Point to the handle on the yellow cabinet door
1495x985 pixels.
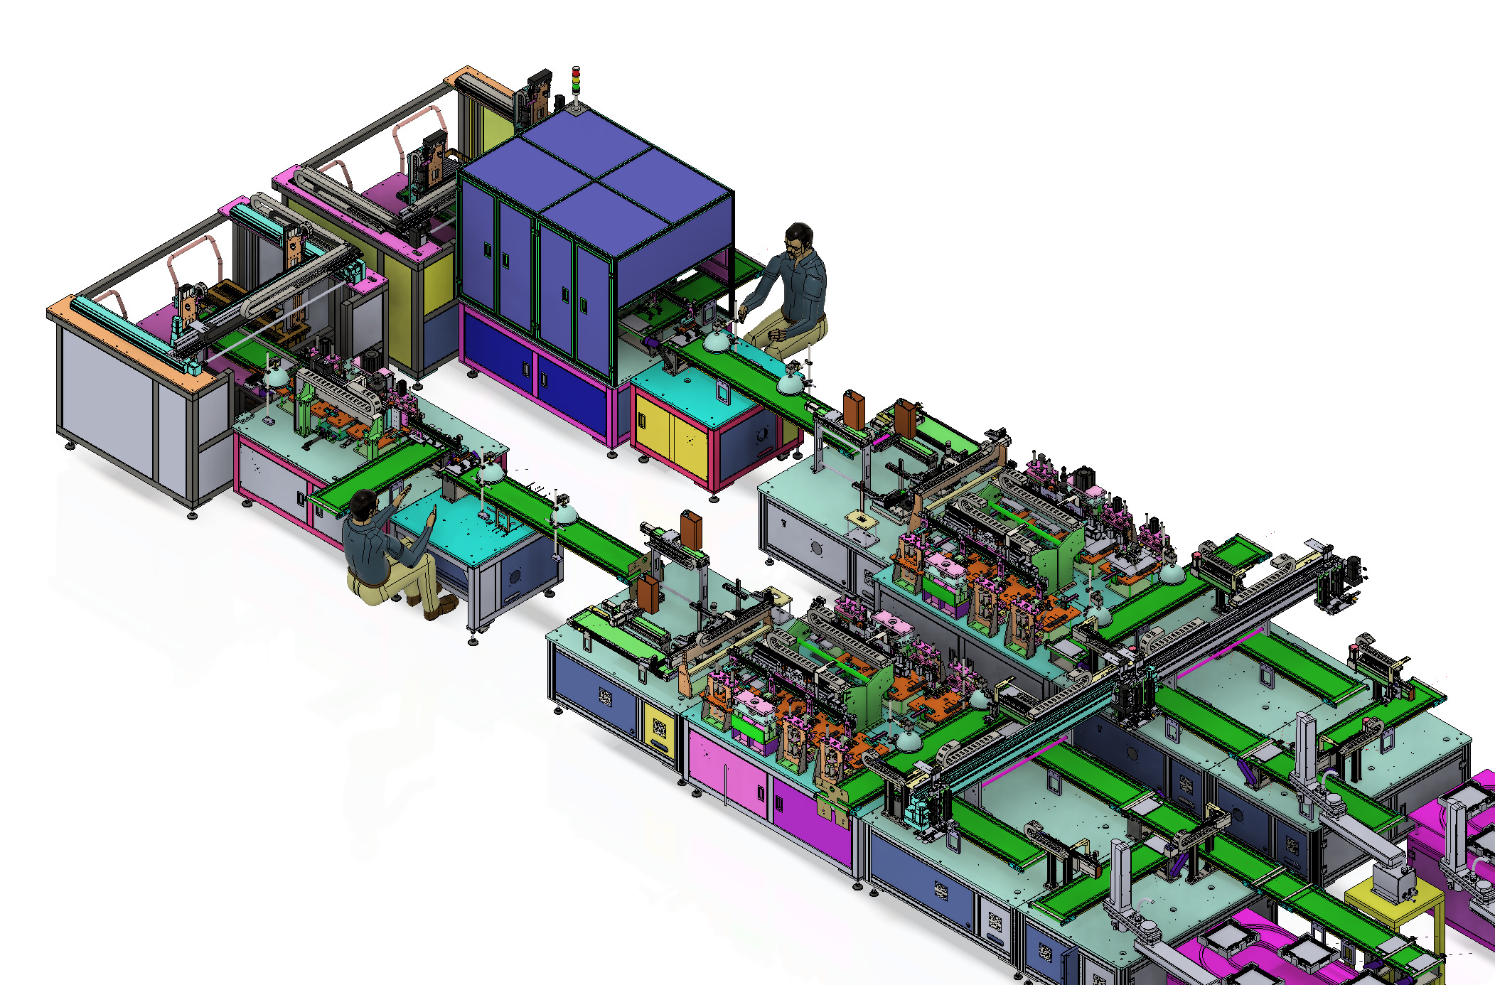(641, 420)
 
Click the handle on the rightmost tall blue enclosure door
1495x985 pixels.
(584, 304)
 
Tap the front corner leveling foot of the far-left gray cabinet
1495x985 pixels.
(192, 514)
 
